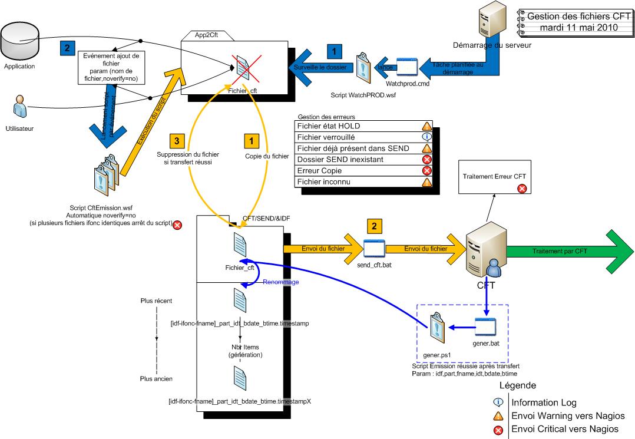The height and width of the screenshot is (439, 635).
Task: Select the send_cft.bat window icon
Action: [374, 249]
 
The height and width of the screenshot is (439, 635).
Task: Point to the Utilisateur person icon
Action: [18, 108]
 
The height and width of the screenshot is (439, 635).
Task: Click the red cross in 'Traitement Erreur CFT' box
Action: [521, 189]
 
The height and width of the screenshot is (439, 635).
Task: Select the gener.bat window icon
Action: [486, 325]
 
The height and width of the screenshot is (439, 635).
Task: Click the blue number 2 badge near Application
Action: [67, 47]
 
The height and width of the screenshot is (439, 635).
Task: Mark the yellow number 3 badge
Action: [177, 141]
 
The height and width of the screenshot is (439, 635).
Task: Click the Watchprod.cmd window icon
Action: [407, 68]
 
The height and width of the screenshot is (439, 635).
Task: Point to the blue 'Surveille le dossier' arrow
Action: [318, 68]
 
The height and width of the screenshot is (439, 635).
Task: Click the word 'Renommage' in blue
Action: [282, 282]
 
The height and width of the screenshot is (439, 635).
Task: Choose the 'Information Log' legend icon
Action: [498, 403]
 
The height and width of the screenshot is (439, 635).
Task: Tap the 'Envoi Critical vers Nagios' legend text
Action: [565, 428]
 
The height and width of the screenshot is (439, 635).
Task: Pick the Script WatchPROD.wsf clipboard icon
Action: [363, 70]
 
